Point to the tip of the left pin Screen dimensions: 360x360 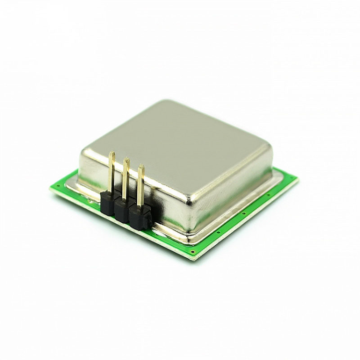(x=112, y=154)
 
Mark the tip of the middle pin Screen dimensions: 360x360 (x=126, y=159)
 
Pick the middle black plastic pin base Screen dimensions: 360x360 (x=123, y=209)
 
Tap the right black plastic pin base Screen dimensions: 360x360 (x=139, y=217)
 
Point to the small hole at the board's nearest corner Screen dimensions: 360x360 (x=193, y=252)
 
